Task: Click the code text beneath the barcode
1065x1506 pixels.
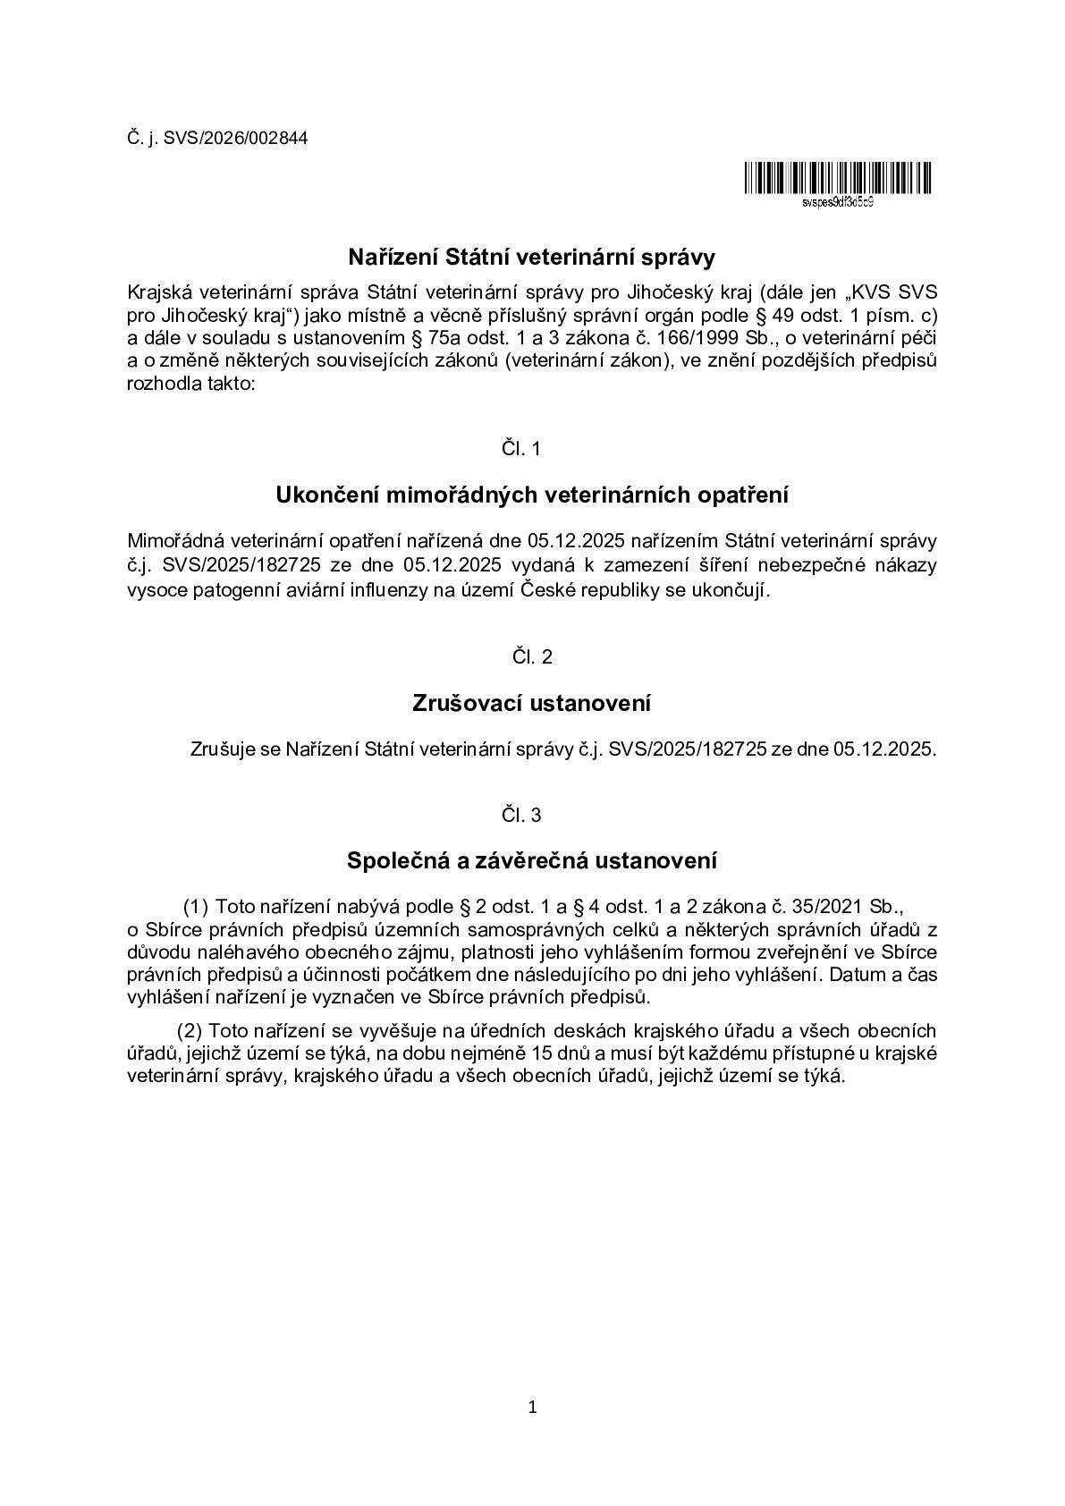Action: pyautogui.click(x=838, y=202)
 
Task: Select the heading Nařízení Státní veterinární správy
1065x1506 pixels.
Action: pyautogui.click(x=532, y=258)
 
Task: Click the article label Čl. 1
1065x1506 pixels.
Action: pyautogui.click(x=521, y=449)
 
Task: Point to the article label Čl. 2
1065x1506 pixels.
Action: pyautogui.click(x=532, y=657)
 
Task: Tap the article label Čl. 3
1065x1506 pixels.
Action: pyautogui.click(x=521, y=816)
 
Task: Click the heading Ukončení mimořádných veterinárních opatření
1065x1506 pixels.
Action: pyautogui.click(x=532, y=495)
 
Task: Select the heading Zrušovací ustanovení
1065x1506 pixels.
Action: pyautogui.click(x=532, y=704)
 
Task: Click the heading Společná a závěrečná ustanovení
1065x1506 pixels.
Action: pyautogui.click(x=532, y=861)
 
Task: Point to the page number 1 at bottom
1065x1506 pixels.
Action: pyautogui.click(x=533, y=1409)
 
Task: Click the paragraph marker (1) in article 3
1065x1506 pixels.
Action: pyautogui.click(x=196, y=907)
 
